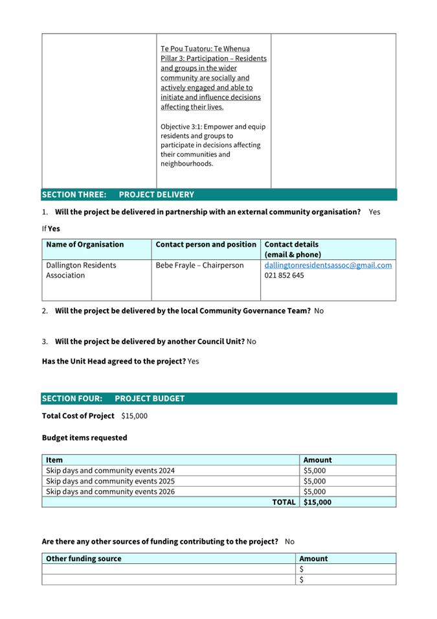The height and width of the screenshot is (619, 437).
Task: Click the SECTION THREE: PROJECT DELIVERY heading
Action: click(118, 194)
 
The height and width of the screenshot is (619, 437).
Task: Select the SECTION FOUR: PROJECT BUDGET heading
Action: click(113, 399)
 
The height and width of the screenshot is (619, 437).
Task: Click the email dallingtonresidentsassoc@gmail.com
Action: click(328, 265)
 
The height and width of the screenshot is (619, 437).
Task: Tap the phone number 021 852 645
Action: click(284, 275)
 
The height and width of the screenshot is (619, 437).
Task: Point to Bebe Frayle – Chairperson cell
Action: click(199, 265)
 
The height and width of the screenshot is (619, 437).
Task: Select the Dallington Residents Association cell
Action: click(82, 270)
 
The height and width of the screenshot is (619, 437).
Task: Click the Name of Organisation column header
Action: click(85, 244)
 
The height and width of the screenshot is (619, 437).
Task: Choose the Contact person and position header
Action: click(206, 244)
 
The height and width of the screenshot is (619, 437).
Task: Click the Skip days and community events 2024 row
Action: click(111, 471)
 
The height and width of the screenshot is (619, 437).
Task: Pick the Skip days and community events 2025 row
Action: click(111, 481)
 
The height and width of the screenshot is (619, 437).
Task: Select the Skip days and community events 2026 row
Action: click(111, 491)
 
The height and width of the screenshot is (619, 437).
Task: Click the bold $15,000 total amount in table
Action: click(317, 502)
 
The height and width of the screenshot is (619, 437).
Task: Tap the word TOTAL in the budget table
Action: click(284, 502)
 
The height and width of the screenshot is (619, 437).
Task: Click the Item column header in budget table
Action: click(55, 460)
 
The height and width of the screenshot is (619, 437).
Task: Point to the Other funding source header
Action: click(84, 558)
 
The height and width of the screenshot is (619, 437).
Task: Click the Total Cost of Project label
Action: click(78, 415)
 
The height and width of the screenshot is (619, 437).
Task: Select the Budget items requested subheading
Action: click(85, 438)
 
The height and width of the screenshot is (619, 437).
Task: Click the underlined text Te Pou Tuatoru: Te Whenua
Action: click(205, 49)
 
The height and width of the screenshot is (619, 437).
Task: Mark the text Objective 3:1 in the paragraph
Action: click(184, 126)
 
